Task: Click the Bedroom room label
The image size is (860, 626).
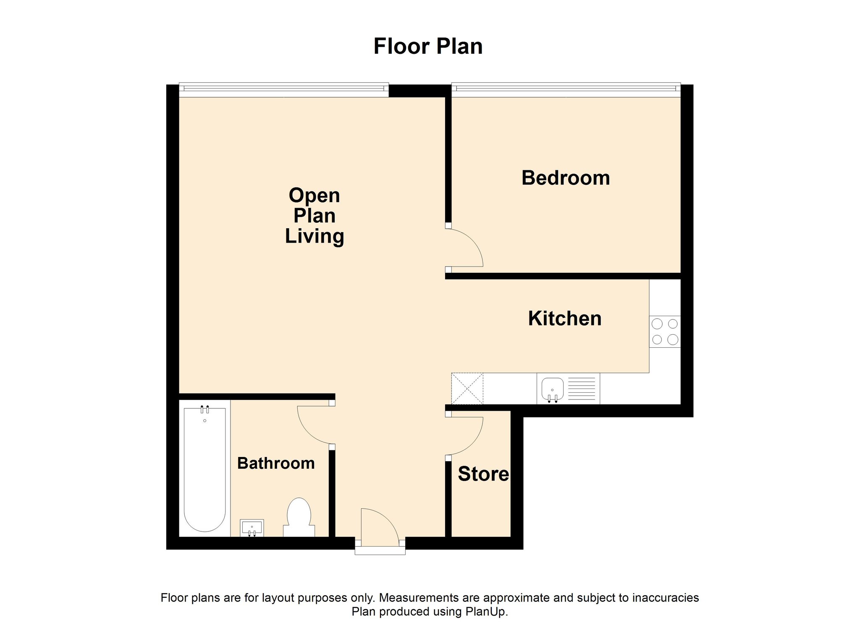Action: (566, 178)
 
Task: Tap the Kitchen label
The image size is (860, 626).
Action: (565, 318)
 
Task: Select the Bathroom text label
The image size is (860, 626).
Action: (276, 463)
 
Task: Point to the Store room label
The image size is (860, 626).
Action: (483, 474)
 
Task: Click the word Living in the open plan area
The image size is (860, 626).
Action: (315, 237)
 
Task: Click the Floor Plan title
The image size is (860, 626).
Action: (428, 46)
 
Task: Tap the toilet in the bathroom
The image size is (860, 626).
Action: (299, 518)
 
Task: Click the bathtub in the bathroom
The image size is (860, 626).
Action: (205, 469)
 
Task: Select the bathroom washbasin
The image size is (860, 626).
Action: (252, 528)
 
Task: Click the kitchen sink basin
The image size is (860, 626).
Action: (552, 389)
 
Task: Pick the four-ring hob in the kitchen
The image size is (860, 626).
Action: (665, 331)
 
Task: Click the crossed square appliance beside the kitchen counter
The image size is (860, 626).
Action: (467, 389)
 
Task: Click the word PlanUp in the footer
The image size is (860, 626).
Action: (485, 612)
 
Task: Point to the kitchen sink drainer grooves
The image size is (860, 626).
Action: (582, 389)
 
